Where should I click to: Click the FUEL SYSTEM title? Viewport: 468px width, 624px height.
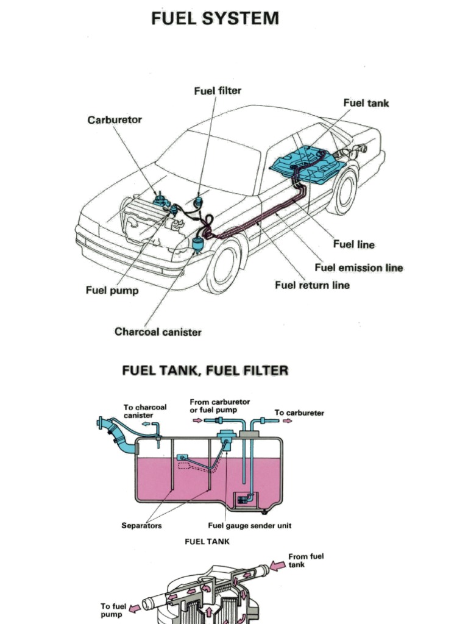coord(214,18)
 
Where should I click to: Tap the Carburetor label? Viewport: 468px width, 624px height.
coord(115,119)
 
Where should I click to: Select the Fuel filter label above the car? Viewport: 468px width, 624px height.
coord(218,91)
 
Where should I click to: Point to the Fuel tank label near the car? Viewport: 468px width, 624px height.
coord(366,103)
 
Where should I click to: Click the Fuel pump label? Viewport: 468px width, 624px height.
coord(112,291)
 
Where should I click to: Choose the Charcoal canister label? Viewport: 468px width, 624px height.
coord(157,332)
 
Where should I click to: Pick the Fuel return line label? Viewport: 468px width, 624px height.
coord(312,285)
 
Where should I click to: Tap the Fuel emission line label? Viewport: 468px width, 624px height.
coord(358,268)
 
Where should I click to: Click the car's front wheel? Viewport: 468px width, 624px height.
coord(220,265)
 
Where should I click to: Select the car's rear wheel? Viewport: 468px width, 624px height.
coord(342,191)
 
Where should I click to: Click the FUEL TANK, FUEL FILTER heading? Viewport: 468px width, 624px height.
coord(205,370)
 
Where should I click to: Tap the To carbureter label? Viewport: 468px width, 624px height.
coord(299,413)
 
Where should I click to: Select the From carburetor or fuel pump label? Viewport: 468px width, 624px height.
coord(219,406)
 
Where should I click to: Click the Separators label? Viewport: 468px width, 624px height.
coord(141,526)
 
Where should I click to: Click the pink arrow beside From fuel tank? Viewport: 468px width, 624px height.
coord(277,565)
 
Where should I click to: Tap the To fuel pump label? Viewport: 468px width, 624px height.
coord(113,610)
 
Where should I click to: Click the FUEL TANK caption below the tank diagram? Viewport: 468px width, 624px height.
coord(207,542)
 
